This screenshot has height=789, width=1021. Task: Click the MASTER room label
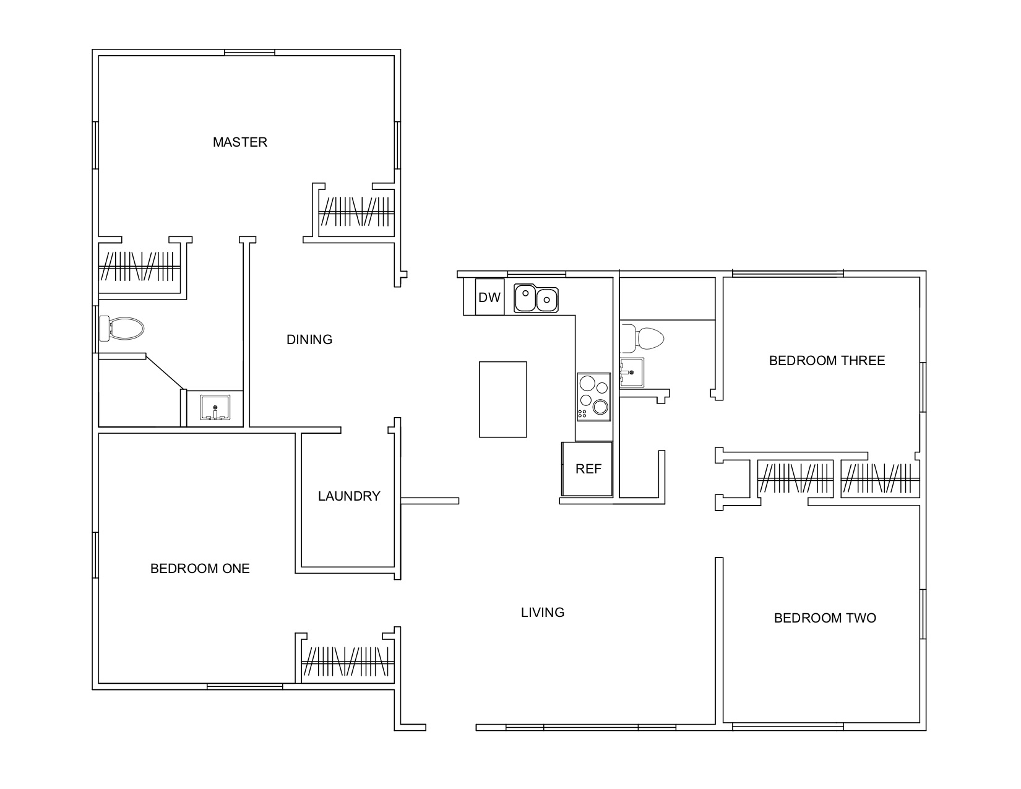point(239,142)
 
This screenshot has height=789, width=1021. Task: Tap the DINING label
point(309,339)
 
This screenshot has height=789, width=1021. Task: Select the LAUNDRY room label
point(348,496)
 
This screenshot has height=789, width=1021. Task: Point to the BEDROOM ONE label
point(200,569)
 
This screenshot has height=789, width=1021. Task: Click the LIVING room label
point(542,612)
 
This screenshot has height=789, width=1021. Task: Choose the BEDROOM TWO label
point(825,618)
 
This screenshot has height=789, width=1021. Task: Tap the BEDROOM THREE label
point(827,360)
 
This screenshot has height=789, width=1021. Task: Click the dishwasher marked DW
point(489,297)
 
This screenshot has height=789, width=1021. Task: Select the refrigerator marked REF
point(587,468)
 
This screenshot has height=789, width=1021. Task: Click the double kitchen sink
point(536,298)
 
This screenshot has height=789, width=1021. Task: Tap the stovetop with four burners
point(594,397)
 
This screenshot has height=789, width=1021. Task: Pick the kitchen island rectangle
point(502,399)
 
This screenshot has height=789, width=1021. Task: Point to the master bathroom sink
point(215,407)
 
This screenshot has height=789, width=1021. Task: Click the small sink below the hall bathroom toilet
point(632,372)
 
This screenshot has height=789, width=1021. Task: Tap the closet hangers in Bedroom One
point(348,661)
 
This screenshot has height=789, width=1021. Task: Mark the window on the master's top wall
point(249,53)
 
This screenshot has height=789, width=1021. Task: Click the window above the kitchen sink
point(536,274)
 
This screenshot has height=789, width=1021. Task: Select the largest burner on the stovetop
point(600,407)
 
